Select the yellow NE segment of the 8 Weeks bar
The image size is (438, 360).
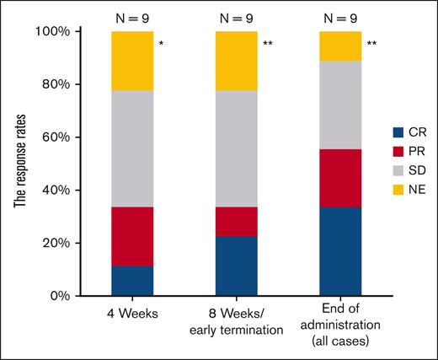[237, 61]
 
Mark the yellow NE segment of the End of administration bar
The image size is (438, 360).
[341, 46]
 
